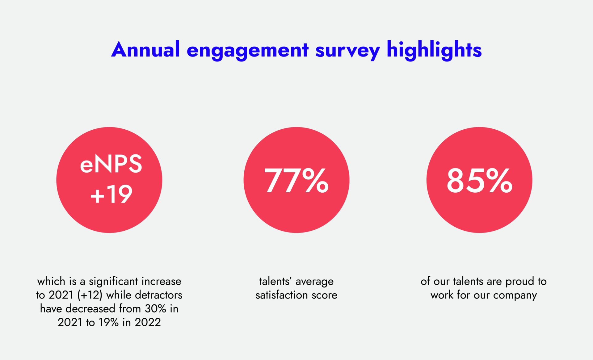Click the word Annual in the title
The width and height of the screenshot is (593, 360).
(x=145, y=50)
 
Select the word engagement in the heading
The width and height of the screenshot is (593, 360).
(x=247, y=50)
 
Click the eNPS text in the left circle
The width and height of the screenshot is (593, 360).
(x=111, y=164)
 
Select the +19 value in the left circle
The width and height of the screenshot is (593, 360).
(x=111, y=195)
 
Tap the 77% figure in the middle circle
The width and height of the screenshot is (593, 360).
(x=296, y=181)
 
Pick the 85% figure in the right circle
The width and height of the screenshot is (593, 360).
(x=479, y=181)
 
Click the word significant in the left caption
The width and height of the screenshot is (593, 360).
(x=113, y=282)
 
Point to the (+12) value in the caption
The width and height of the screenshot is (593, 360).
(x=90, y=295)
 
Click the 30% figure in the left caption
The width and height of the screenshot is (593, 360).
(x=155, y=309)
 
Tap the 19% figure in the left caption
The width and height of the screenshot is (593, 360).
(x=108, y=322)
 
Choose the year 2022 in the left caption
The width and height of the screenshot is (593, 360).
(x=148, y=322)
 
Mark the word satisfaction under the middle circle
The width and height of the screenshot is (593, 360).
(x=282, y=295)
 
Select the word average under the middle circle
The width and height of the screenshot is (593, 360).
(x=314, y=282)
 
